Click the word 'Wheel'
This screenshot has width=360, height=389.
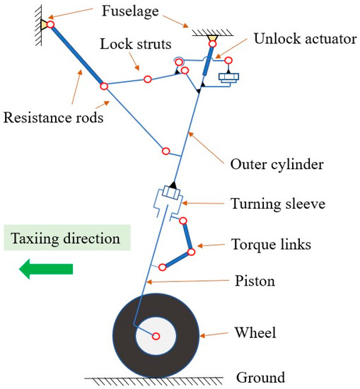tap(257, 333)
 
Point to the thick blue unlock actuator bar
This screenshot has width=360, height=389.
tap(207, 64)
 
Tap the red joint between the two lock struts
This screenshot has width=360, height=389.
tap(147, 79)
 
